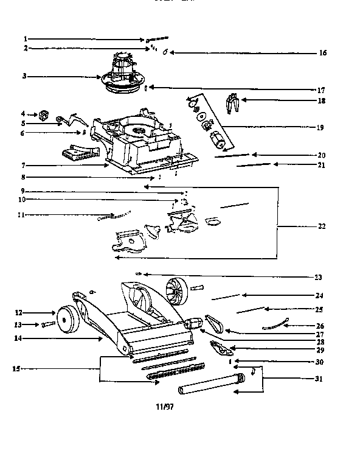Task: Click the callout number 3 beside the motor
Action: pyautogui.click(x=25, y=77)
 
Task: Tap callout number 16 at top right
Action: pyautogui.click(x=322, y=53)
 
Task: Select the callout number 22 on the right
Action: pyautogui.click(x=321, y=226)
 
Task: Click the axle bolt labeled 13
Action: pyautogui.click(x=49, y=324)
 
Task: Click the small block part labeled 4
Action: pyautogui.click(x=43, y=114)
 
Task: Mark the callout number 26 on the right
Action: pyautogui.click(x=320, y=326)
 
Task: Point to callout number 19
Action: pyautogui.click(x=320, y=128)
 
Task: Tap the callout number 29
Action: pyautogui.click(x=320, y=351)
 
